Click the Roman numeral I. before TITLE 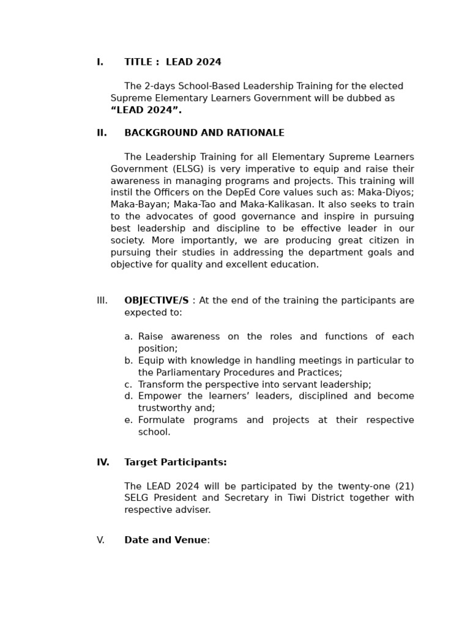(x=100, y=62)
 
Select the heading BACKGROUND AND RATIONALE (x=204, y=133)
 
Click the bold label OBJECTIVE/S (x=156, y=301)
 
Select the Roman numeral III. (x=102, y=301)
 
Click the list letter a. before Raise (x=129, y=337)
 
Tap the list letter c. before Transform (x=129, y=385)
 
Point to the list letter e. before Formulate (x=129, y=420)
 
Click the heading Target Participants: (x=175, y=463)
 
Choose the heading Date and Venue (x=165, y=540)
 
